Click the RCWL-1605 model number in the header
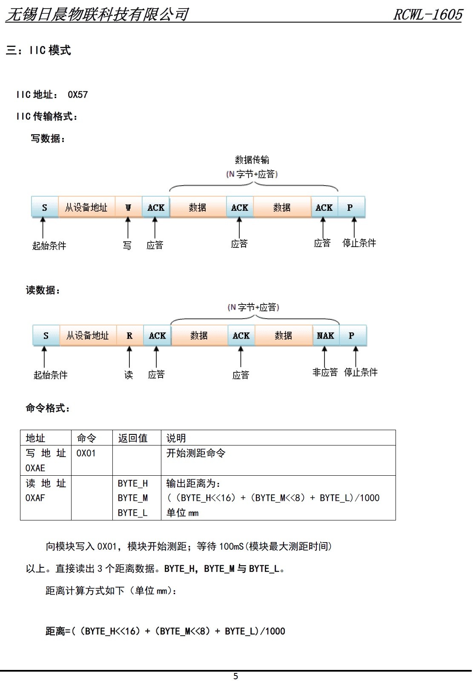coord(428,14)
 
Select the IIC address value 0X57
coord(78,95)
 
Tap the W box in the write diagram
coord(128,207)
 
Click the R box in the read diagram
coord(129,336)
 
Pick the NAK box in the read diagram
coord(326,336)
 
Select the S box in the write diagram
coord(45,207)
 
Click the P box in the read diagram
coord(353,336)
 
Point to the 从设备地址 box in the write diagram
coord(86,207)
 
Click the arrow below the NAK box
coord(325,356)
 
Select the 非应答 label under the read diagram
coord(325,372)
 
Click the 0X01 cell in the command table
coord(86,453)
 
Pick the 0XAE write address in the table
coord(35,468)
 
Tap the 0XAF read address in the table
coord(35,498)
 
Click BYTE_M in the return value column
coord(133,498)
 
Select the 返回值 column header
coord(133,438)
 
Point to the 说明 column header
coord(176,438)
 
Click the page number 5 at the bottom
coord(235,676)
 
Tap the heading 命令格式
coord(48,408)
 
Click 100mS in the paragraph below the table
coord(231,546)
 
